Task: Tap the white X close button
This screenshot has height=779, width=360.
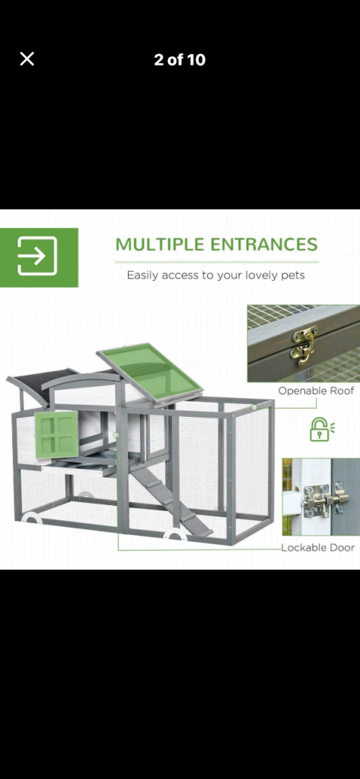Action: click(x=27, y=59)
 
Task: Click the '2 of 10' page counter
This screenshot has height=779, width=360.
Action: click(x=180, y=60)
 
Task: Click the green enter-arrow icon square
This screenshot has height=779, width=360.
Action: click(x=39, y=257)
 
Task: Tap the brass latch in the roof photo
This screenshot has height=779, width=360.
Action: click(x=304, y=345)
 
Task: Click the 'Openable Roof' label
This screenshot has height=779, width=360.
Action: click(x=316, y=390)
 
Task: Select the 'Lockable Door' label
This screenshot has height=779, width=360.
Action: click(x=317, y=548)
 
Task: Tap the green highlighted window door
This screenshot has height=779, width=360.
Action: click(x=56, y=434)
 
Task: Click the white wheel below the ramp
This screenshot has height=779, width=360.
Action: click(x=176, y=535)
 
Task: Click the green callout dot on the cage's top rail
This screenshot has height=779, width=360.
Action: click(x=254, y=408)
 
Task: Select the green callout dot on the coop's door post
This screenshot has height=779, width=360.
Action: click(x=116, y=435)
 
